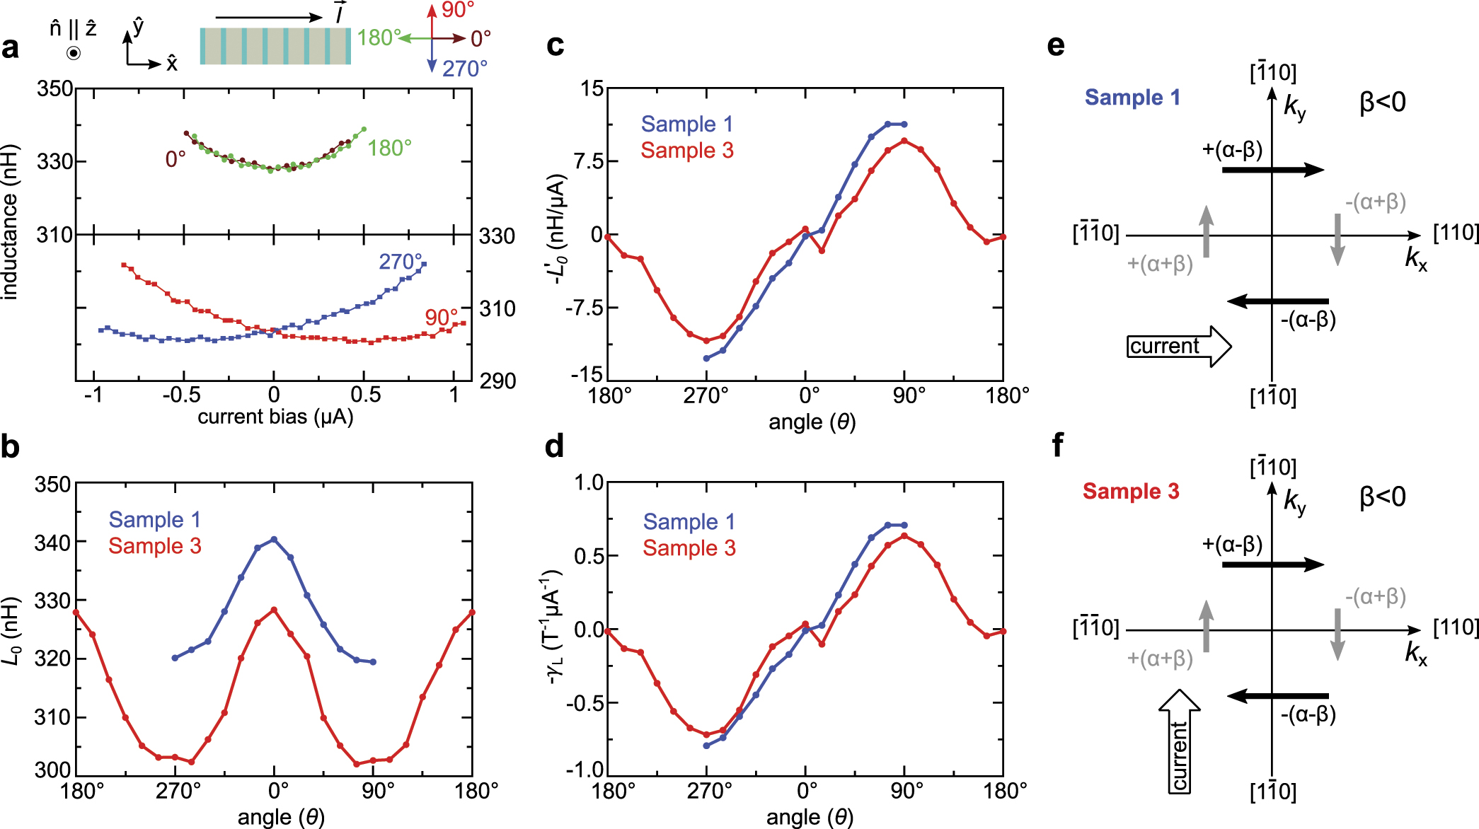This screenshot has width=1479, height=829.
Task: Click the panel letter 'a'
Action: coord(11,48)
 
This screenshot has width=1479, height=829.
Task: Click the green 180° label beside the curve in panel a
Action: coord(389,148)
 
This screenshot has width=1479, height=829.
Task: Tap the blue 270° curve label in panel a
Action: coord(400,262)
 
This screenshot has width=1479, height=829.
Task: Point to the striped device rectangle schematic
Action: coord(275,46)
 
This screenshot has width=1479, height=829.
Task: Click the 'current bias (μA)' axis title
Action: coord(275,417)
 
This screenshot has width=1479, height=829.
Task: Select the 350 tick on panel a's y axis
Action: coord(54,88)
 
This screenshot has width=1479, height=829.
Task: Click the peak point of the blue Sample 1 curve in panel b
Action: coord(275,539)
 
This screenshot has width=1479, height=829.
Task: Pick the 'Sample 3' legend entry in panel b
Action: coord(155,546)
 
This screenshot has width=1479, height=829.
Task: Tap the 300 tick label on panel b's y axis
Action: coord(53,769)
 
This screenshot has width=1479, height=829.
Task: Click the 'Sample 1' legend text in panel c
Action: coord(686,124)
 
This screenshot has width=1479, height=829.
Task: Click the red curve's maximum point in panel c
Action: coord(904,141)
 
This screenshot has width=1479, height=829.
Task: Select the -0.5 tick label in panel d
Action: coord(584,702)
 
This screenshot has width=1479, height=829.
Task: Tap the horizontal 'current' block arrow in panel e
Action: coord(1178,347)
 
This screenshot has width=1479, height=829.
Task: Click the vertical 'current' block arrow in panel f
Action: coord(1180,741)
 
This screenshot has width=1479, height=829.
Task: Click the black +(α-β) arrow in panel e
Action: coord(1272,170)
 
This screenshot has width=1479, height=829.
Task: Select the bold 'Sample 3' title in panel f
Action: coord(1131,492)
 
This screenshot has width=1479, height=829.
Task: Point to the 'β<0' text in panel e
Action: coord(1382,103)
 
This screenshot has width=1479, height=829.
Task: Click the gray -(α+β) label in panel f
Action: coord(1375,596)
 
